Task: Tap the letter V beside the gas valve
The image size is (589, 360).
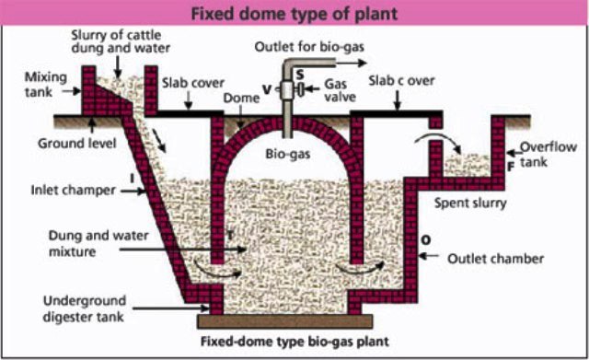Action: click(266, 89)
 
